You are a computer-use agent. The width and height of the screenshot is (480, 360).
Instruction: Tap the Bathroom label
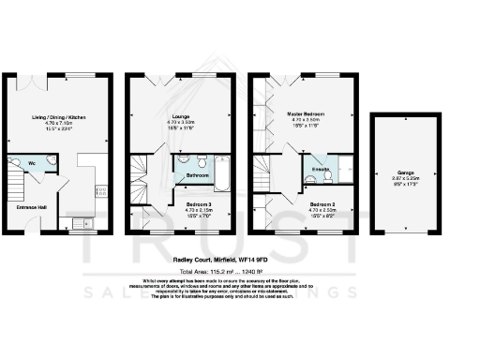click(x=197, y=175)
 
